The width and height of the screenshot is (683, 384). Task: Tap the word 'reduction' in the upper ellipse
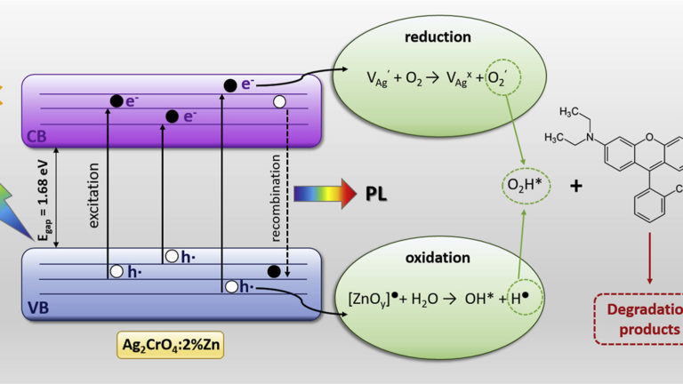437,37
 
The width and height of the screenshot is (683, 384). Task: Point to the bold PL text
376,192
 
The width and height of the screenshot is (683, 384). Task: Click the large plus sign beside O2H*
577,188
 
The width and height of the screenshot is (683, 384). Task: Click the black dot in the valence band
274,270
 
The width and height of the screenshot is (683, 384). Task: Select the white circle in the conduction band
281,101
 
